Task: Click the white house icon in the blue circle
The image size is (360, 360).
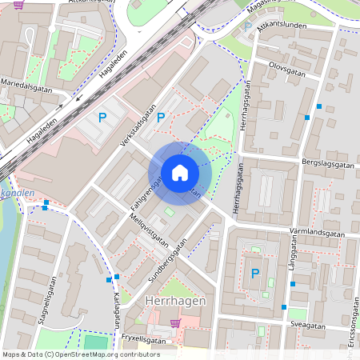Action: pyautogui.click(x=180, y=172)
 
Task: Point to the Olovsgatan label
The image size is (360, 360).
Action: pyautogui.click(x=287, y=70)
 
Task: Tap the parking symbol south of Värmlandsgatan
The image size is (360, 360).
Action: pyautogui.click(x=255, y=274)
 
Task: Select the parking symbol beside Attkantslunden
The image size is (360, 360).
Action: pyautogui.click(x=247, y=26)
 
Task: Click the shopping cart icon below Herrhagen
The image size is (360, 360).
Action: pyautogui.click(x=175, y=323)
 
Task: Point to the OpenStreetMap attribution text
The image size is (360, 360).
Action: pyautogui.click(x=81, y=354)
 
